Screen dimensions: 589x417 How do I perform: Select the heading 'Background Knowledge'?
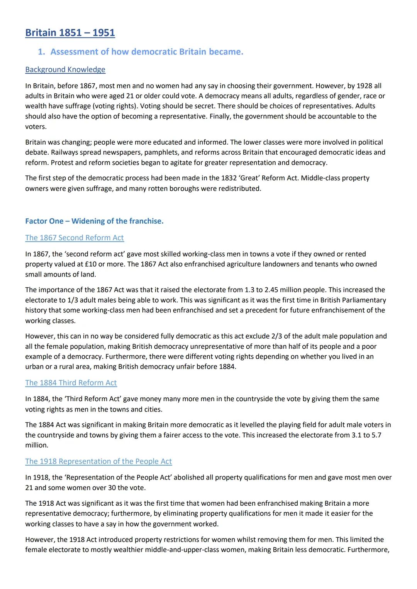pos(65,69)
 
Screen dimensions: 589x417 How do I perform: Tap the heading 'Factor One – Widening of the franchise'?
pos(94,221)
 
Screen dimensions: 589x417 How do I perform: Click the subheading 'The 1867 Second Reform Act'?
pos(75,238)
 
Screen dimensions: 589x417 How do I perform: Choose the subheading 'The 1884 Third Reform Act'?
pos(71,383)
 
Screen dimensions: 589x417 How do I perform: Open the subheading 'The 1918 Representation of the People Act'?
pos(98,461)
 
